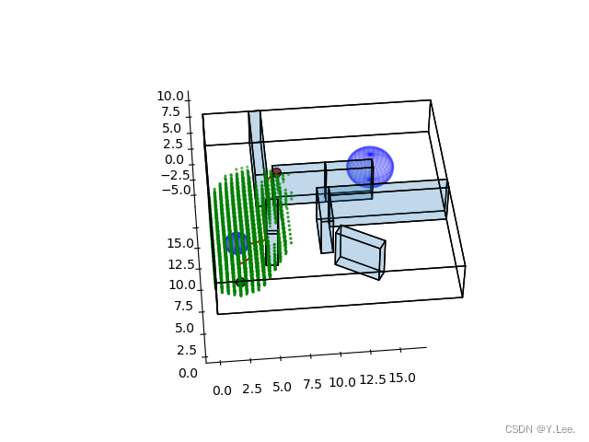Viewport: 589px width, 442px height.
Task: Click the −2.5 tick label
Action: coord(176,175)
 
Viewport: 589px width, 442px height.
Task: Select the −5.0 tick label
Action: coord(176,191)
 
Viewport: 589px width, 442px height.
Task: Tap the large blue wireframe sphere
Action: coord(370,167)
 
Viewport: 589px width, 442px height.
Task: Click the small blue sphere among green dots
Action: coord(237,243)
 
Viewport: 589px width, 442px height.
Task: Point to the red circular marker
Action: coord(276,172)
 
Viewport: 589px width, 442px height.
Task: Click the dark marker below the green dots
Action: coord(240,282)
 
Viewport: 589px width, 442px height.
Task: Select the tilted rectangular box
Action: coord(360,252)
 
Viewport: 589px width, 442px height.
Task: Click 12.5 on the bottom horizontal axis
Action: coord(373,380)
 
